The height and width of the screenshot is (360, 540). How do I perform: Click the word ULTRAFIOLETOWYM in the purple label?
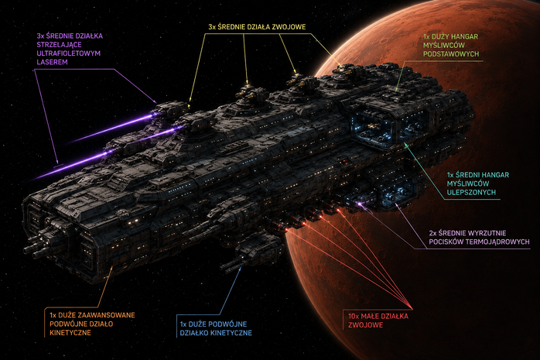tap(69, 53)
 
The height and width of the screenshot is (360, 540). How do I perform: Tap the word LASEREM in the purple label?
tap(52, 63)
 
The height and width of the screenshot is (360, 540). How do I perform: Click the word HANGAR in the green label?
tap(464, 36)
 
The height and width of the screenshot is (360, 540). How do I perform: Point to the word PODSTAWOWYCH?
tap(451, 54)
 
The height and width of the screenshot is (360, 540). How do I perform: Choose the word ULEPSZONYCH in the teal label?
tap(471, 192)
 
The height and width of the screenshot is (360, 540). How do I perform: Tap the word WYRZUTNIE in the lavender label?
tap(487, 233)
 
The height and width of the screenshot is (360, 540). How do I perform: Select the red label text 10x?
tap(354, 316)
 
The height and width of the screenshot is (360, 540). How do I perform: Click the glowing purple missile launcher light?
tap(360, 204)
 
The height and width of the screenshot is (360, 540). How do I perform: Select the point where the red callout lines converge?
tap(412, 307)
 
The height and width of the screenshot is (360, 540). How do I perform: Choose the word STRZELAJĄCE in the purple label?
tap(60, 45)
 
